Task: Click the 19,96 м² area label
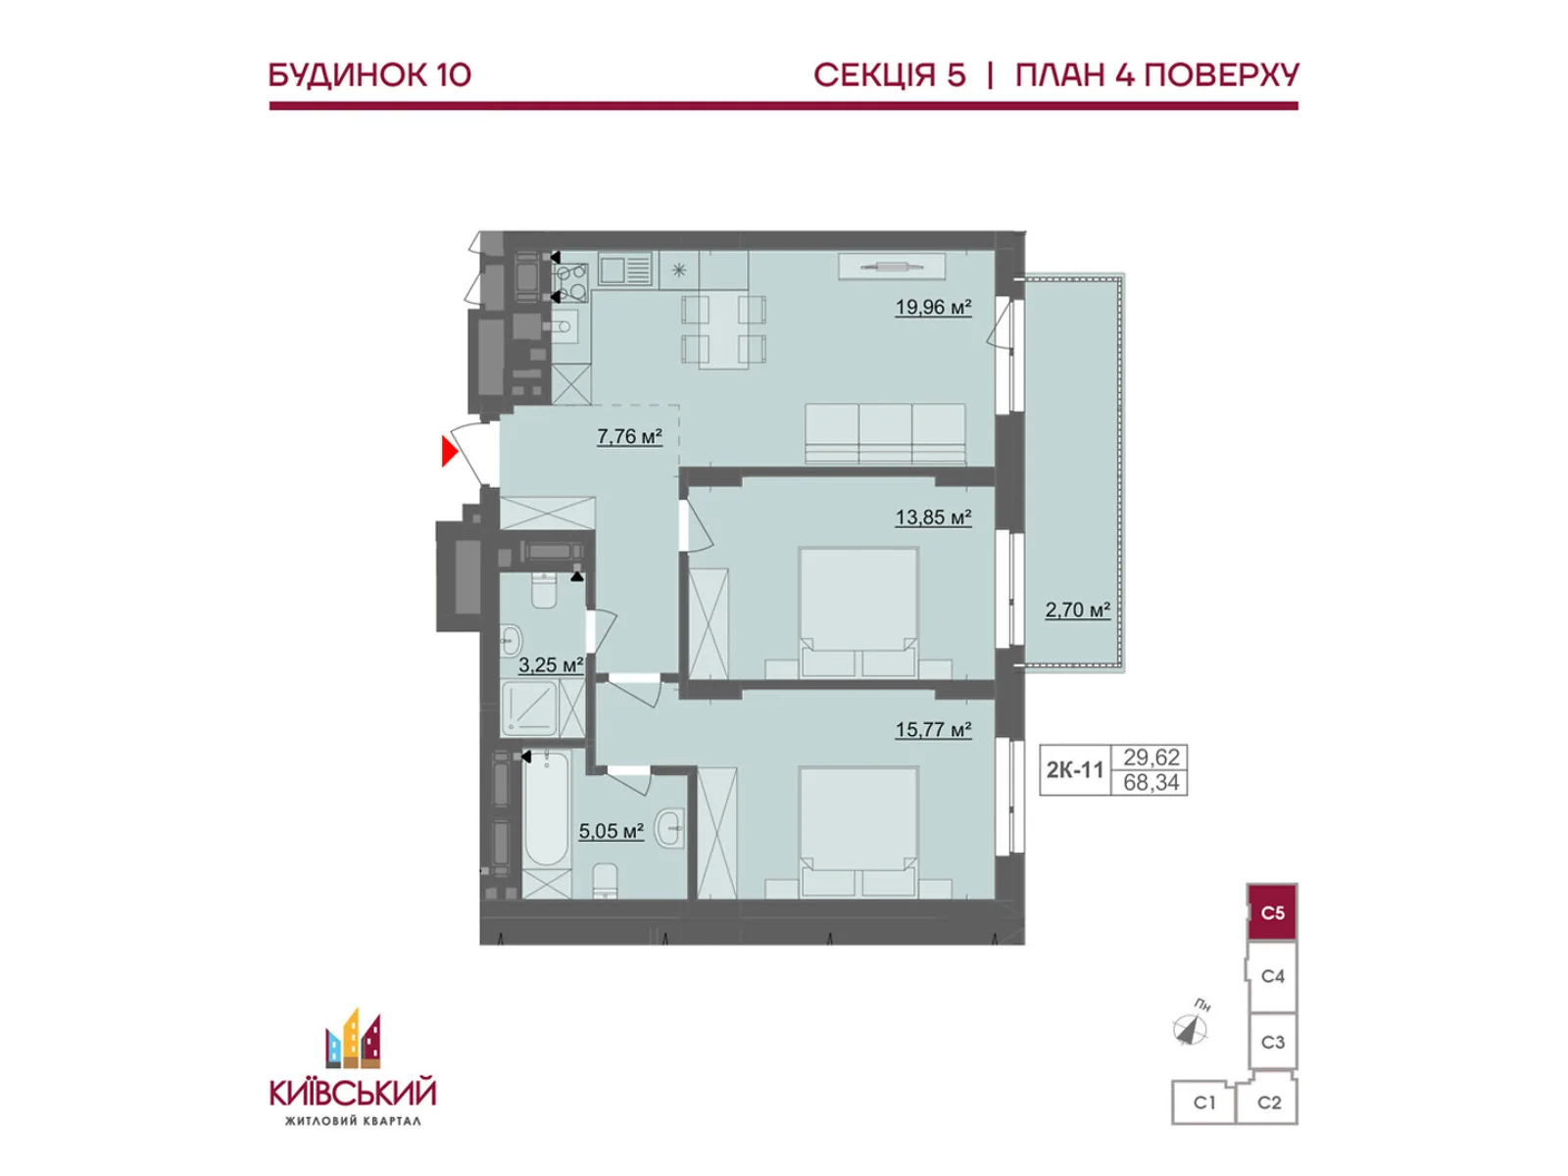pos(933,307)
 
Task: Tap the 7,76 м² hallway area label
pos(629,435)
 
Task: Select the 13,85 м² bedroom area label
pos(933,517)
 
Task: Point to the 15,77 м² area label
pos(933,729)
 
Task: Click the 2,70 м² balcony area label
pos(1077,610)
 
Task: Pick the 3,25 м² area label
pos(551,664)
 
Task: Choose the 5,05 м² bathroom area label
pos(611,830)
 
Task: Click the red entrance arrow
pos(449,451)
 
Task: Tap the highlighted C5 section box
pos(1272,912)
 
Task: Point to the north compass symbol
pos(1190,1030)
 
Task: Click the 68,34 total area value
pos(1151,783)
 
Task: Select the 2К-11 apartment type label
pos(1074,769)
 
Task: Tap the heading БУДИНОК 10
pos(370,75)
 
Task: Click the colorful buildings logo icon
pos(353,1040)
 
